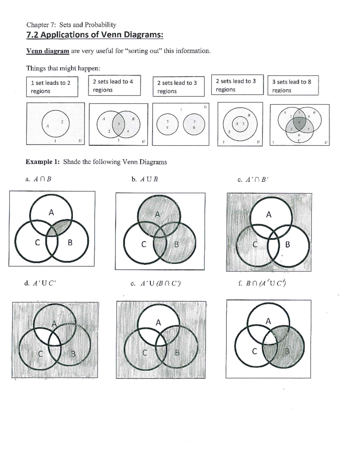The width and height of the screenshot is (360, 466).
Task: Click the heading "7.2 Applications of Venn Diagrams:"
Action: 95,35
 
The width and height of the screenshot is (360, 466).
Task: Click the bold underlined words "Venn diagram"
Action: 48,51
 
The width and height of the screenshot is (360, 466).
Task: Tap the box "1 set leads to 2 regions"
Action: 52,87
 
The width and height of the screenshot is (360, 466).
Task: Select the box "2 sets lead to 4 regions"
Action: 114,86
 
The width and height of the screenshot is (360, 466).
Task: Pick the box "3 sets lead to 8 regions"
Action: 293,86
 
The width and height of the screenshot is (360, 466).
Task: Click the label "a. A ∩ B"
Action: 39,179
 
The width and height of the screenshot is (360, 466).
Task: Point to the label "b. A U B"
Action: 145,179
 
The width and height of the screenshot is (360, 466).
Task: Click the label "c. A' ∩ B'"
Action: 253,180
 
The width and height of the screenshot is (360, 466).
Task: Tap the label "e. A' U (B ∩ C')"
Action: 156,283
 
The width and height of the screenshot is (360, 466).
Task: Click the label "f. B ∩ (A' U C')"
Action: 262,283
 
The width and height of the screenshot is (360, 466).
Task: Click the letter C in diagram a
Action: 37,242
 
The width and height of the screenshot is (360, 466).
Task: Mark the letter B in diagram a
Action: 70,242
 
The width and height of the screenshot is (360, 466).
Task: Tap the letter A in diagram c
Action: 268,215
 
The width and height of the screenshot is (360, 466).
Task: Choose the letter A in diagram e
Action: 158,323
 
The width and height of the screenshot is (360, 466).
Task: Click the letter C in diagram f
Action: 254,351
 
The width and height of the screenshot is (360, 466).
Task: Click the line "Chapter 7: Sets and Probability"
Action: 71,25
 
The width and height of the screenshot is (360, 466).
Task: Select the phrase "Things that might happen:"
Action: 63,68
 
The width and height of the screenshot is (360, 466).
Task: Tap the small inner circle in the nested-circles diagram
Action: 240,124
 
